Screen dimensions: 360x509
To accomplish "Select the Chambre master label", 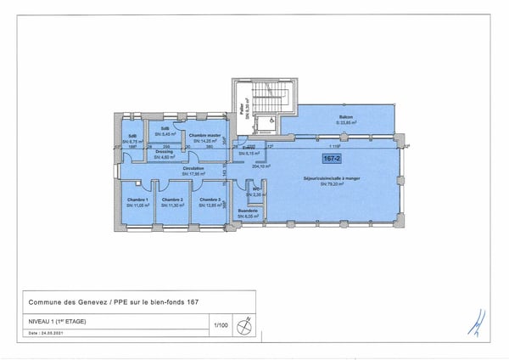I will [x=205, y=135].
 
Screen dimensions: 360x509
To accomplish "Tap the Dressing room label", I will [x=165, y=151].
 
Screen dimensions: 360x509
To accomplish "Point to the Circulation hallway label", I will [x=194, y=169].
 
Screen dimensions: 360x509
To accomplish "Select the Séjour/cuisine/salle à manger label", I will [x=330, y=178].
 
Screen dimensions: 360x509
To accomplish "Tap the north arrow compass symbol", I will [x=247, y=323].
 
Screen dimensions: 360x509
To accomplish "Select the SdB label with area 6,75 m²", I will [x=132, y=138].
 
